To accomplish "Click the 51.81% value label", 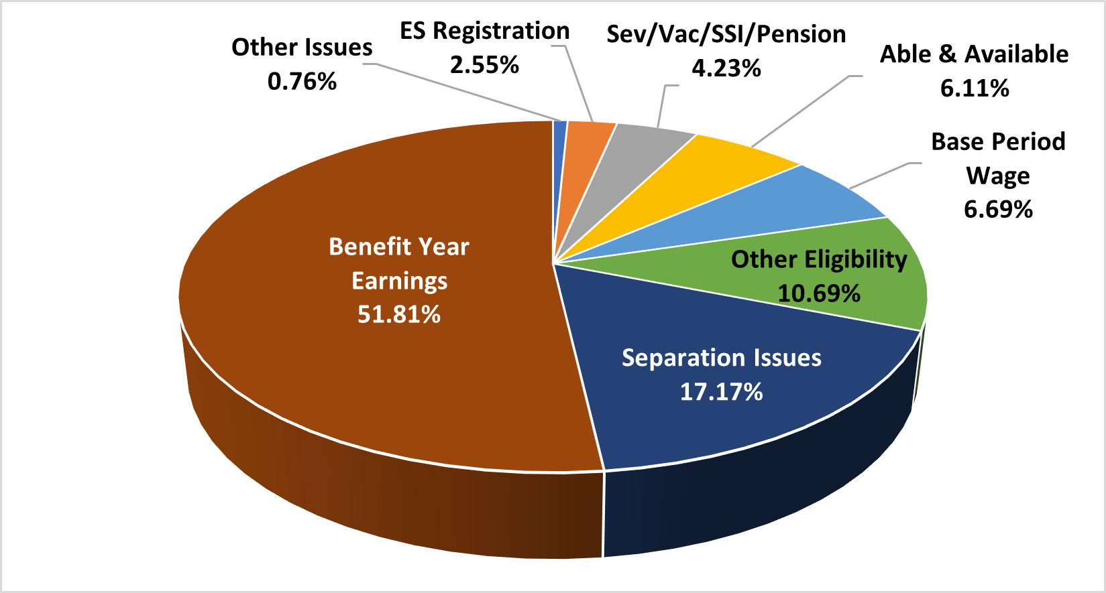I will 399,314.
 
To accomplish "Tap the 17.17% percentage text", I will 721,391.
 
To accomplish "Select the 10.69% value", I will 819,293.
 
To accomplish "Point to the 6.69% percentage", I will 998,209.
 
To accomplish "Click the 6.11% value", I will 975,88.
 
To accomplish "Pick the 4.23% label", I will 726,68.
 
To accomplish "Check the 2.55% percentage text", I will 484,64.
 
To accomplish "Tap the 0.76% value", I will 302,81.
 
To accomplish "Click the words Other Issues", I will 302,47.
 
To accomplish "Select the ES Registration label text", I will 484,30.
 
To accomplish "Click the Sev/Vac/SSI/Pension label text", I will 726,34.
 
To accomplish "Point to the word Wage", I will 998,176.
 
